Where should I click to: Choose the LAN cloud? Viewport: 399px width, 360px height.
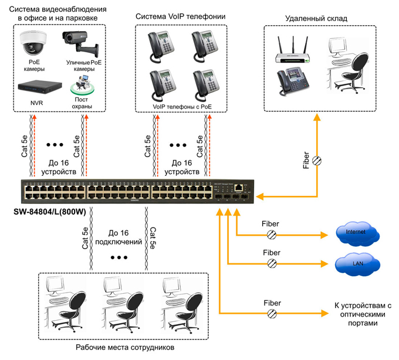tap(356, 264)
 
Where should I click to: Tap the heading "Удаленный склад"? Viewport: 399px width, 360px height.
tap(316, 18)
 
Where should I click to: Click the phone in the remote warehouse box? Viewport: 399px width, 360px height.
tap(288, 80)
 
